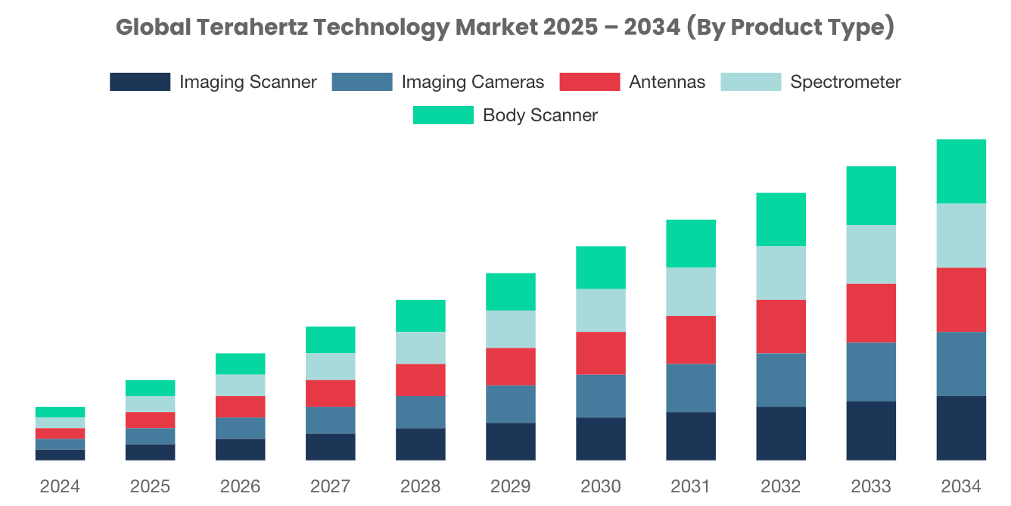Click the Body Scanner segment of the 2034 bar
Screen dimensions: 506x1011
(961, 171)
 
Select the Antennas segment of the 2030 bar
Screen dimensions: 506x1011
(600, 353)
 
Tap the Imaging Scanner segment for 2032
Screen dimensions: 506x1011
(781, 433)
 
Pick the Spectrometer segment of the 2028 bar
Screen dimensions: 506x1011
(420, 348)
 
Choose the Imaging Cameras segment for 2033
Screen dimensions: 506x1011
(871, 372)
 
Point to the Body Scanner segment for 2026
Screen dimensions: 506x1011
(240, 364)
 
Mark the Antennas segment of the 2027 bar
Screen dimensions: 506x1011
(330, 393)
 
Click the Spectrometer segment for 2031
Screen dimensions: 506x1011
(690, 292)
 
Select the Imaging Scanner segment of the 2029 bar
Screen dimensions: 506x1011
(510, 442)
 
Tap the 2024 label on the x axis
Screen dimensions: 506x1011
(60, 486)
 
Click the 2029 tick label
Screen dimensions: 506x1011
(510, 486)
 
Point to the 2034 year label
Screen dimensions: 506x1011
(961, 486)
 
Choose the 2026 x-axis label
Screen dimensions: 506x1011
(240, 486)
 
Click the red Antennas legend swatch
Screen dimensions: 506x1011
(589, 82)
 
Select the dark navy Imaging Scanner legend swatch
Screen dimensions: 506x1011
(140, 82)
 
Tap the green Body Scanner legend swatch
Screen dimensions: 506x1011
(443, 115)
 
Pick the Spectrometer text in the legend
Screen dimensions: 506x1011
(845, 82)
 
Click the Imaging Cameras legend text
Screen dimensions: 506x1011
(472, 82)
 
